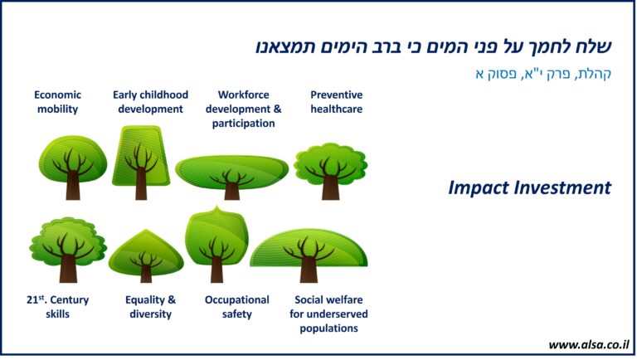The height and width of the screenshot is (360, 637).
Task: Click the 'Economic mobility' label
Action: (x=58, y=102)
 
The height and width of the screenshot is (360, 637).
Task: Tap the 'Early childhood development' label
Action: (x=150, y=102)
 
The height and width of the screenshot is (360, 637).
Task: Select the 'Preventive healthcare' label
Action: (x=337, y=102)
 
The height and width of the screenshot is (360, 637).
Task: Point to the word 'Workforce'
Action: (x=243, y=95)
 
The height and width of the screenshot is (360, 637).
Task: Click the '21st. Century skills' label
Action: (x=58, y=307)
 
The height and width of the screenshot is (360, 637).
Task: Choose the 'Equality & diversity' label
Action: (x=150, y=307)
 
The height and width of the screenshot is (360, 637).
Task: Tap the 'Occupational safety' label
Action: (x=237, y=307)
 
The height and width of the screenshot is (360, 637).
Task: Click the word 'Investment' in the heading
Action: (x=562, y=187)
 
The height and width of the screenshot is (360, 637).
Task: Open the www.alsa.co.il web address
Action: (x=588, y=345)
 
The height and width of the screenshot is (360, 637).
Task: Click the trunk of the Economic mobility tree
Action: (x=73, y=185)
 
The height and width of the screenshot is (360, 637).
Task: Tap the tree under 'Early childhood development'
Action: (x=141, y=163)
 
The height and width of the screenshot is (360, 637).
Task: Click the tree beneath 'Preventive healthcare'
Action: (x=330, y=171)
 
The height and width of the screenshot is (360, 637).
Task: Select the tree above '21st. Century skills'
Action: (x=68, y=250)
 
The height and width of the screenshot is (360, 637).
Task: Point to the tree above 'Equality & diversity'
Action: (x=146, y=256)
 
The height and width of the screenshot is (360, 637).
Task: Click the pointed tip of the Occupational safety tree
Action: (x=216, y=207)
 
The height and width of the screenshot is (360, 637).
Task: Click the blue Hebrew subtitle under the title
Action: (x=543, y=74)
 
